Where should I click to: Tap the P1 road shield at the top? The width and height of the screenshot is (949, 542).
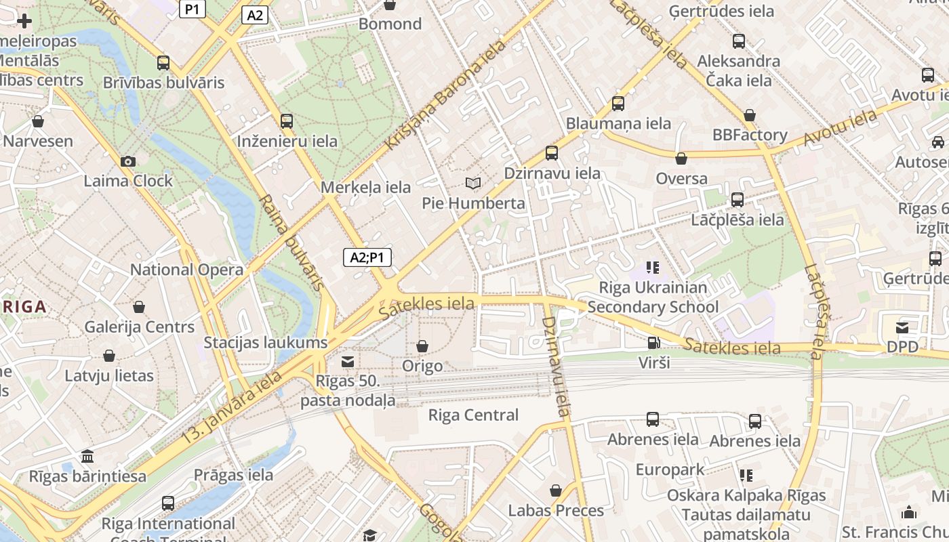pyautogui.click(x=193, y=8)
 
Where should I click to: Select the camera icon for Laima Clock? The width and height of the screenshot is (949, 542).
pyautogui.click(x=128, y=161)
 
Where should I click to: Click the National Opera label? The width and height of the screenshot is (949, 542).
pyautogui.click(x=186, y=270)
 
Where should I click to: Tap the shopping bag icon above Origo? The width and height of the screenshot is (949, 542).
pyautogui.click(x=422, y=346)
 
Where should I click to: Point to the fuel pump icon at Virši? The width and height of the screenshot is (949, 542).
pyautogui.click(x=653, y=343)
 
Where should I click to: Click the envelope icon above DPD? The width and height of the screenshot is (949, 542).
pyautogui.click(x=902, y=328)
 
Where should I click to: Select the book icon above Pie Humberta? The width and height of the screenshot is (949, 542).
pyautogui.click(x=473, y=183)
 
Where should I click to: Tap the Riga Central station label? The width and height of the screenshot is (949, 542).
pyautogui.click(x=473, y=415)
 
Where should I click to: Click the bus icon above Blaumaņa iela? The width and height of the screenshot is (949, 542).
pyautogui.click(x=618, y=104)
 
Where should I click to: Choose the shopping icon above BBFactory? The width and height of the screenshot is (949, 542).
pyautogui.click(x=749, y=115)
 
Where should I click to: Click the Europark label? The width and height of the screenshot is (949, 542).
pyautogui.click(x=670, y=470)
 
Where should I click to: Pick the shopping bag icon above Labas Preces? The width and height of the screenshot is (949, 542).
pyautogui.click(x=556, y=491)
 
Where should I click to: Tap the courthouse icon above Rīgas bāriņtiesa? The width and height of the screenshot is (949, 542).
pyautogui.click(x=87, y=456)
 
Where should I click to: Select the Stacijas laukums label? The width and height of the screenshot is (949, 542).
pyautogui.click(x=266, y=343)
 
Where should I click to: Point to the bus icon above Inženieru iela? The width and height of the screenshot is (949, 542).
pyautogui.click(x=287, y=121)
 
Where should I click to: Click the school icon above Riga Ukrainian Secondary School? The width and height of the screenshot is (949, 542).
pyautogui.click(x=653, y=268)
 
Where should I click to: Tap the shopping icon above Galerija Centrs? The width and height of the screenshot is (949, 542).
pyautogui.click(x=139, y=307)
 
